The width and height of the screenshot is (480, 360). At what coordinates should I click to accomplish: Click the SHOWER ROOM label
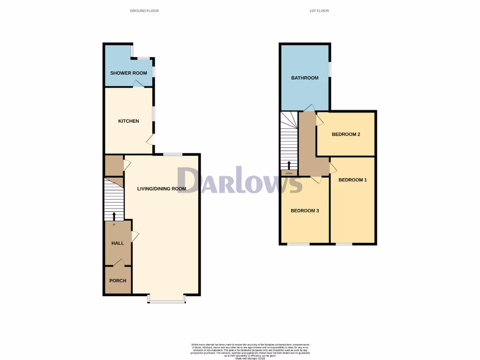coord(128,73)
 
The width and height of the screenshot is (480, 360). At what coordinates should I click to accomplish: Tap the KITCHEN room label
coord(128,121)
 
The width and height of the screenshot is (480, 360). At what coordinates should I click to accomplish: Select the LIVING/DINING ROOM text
coord(161,189)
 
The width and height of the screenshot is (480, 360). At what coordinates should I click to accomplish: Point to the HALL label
coord(118,243)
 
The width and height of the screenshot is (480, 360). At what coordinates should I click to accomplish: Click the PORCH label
coord(118,281)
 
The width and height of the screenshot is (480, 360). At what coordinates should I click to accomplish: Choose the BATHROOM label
coord(305,78)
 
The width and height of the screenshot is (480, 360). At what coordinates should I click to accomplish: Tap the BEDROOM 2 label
coord(346,135)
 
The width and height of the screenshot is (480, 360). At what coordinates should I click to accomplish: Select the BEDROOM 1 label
coord(352,180)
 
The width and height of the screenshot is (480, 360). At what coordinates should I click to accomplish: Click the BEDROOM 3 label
coord(305,210)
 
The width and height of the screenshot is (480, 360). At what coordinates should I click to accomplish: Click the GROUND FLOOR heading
coord(144,10)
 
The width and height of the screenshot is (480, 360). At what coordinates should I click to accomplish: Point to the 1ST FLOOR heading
coord(319,10)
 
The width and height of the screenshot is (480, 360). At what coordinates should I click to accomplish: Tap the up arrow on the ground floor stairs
coord(114,216)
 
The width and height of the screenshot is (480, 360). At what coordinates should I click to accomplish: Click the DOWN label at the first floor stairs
coord(289,173)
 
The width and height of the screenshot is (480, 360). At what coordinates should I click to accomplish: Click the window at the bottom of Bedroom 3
coord(299,244)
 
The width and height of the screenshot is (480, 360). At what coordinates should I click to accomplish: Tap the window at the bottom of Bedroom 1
coord(344,244)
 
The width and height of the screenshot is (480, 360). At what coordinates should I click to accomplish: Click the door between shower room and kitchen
coord(137,84)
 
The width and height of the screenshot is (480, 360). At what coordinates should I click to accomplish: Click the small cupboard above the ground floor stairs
coord(113,165)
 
